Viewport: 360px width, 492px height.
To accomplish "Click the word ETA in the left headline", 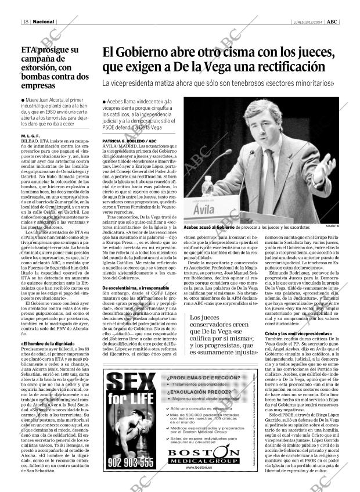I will (30, 50).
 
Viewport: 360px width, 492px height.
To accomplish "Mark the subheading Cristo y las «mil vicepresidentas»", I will (314, 333).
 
